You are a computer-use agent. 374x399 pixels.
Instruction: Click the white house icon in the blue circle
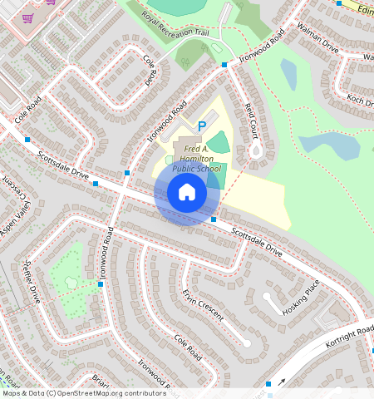tap(187, 192)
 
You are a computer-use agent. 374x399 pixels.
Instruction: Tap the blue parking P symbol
tap(201, 126)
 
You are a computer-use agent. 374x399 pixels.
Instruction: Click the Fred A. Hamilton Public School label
tap(197, 156)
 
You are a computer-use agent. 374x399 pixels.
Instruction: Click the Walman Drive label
tap(318, 42)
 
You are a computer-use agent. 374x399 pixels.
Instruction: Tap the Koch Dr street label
tap(360, 100)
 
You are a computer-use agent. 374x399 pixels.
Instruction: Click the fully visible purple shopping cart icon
tap(28, 17)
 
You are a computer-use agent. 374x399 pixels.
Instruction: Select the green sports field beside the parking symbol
tap(219, 142)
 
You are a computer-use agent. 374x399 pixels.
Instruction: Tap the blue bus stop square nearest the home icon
tap(214, 219)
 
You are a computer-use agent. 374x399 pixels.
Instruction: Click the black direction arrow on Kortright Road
tap(281, 382)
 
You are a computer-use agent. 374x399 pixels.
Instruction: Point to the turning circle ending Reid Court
tap(257, 151)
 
